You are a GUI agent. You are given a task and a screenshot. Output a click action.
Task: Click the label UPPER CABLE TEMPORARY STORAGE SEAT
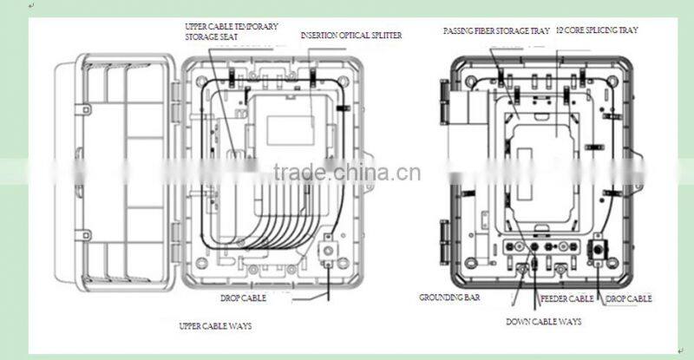click(232, 32)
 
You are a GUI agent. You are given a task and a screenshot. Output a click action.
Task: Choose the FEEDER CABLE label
click(566, 298)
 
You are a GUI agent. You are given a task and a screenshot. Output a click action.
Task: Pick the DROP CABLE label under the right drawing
click(628, 298)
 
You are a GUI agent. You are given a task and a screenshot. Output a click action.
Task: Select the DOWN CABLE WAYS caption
click(543, 322)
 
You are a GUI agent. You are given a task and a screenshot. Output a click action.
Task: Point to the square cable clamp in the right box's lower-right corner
click(599, 252)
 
